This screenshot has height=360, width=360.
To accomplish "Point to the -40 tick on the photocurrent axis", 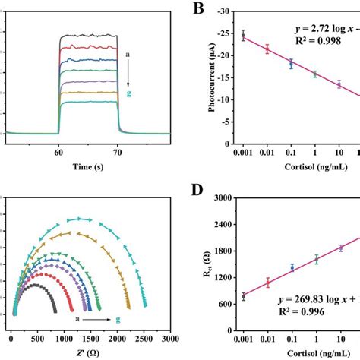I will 223,12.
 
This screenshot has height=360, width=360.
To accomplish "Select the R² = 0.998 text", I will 317,43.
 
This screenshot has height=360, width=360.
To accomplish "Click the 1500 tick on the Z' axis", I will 90,338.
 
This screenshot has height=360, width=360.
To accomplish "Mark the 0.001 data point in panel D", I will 244,296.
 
